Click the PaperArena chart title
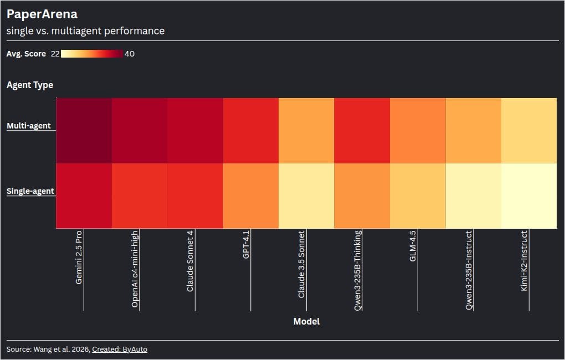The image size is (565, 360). pos(42,14)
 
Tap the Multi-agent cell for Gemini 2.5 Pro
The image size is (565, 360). pos(84,131)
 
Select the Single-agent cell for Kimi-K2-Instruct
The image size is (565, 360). pos(529,196)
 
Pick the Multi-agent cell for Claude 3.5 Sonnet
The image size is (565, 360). pos(306,131)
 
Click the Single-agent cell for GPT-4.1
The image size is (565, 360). pos(251,196)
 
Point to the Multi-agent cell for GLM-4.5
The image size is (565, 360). pos(418,131)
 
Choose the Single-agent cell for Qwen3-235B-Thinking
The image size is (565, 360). pos(362,196)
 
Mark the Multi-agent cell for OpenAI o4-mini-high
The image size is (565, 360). pos(140,131)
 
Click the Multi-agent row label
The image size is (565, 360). pos(29,126)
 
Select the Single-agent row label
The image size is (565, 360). pos(30,191)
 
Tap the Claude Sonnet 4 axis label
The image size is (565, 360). pos(190,261)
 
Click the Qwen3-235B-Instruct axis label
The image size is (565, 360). pos(469,270)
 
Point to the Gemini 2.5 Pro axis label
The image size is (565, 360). pos(79,258)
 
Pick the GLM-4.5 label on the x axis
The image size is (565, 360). pos(413,246)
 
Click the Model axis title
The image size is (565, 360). pos(306,321)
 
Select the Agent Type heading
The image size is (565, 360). pos(30,85)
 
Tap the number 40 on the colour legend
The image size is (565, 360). pos(130,54)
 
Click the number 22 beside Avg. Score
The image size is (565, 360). pos(55,54)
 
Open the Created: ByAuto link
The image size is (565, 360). pos(120,349)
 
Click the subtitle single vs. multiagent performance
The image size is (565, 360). pos(85,31)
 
